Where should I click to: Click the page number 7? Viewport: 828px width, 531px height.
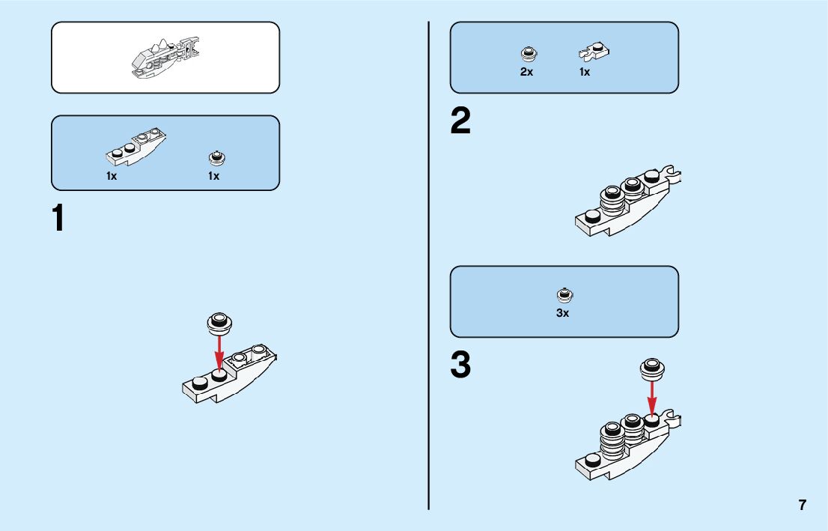pos(803,505)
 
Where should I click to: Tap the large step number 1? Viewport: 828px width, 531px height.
pos(58,219)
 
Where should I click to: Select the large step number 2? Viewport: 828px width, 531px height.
pos(460,122)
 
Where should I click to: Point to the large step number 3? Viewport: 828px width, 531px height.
pos(460,365)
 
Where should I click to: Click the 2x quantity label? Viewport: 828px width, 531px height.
pos(526,72)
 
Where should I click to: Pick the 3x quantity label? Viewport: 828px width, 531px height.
pos(562,313)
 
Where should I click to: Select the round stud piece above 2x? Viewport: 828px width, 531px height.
pos(527,53)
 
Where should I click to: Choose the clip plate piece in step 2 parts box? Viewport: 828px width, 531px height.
pos(594,52)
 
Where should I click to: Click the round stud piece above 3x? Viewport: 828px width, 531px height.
pos(563,294)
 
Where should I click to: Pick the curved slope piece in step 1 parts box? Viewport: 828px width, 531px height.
pos(136,147)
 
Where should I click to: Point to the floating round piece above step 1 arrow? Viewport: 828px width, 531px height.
pos(219,322)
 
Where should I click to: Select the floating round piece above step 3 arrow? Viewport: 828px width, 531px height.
pos(652,367)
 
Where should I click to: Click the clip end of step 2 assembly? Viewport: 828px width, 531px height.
pos(675,176)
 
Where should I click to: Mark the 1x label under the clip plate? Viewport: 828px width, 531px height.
pos(585,72)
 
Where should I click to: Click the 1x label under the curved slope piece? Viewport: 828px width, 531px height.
pos(112,176)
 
